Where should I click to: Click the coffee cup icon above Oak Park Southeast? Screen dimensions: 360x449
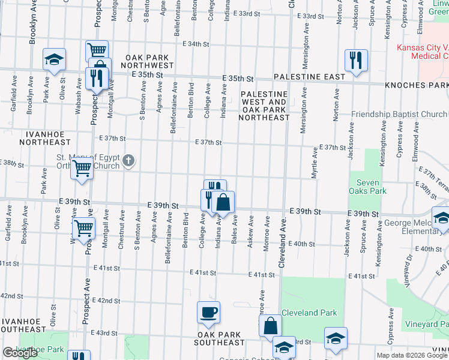coord(208,312)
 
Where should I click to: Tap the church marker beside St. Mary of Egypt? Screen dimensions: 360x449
coord(128,160)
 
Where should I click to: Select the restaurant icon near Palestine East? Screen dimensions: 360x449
coord(356,60)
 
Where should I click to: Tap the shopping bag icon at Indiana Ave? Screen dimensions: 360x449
coord(223,202)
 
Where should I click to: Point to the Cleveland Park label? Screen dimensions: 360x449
coord(309,313)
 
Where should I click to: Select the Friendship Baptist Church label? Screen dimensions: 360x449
coord(399,114)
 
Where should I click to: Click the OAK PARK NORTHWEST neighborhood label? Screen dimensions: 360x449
coord(146,61)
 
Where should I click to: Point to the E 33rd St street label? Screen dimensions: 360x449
coord(250,14)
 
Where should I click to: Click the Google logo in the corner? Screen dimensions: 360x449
coord(20,353)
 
